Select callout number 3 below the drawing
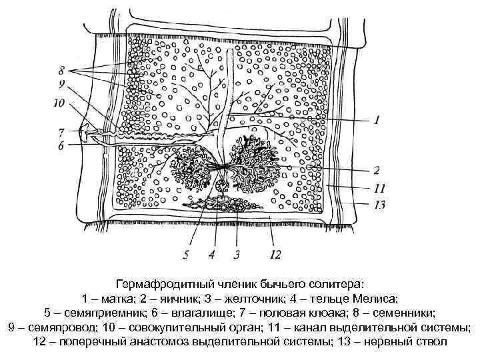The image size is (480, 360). click(235, 254)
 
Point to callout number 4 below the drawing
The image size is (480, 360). click(211, 254)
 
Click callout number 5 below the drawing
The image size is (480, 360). click(187, 254)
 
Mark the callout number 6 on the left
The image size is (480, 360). click(61, 146)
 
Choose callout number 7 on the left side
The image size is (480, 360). click(61, 131)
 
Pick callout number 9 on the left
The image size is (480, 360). click(61, 84)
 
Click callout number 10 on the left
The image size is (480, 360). click(59, 103)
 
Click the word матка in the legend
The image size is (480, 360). click(115, 298)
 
